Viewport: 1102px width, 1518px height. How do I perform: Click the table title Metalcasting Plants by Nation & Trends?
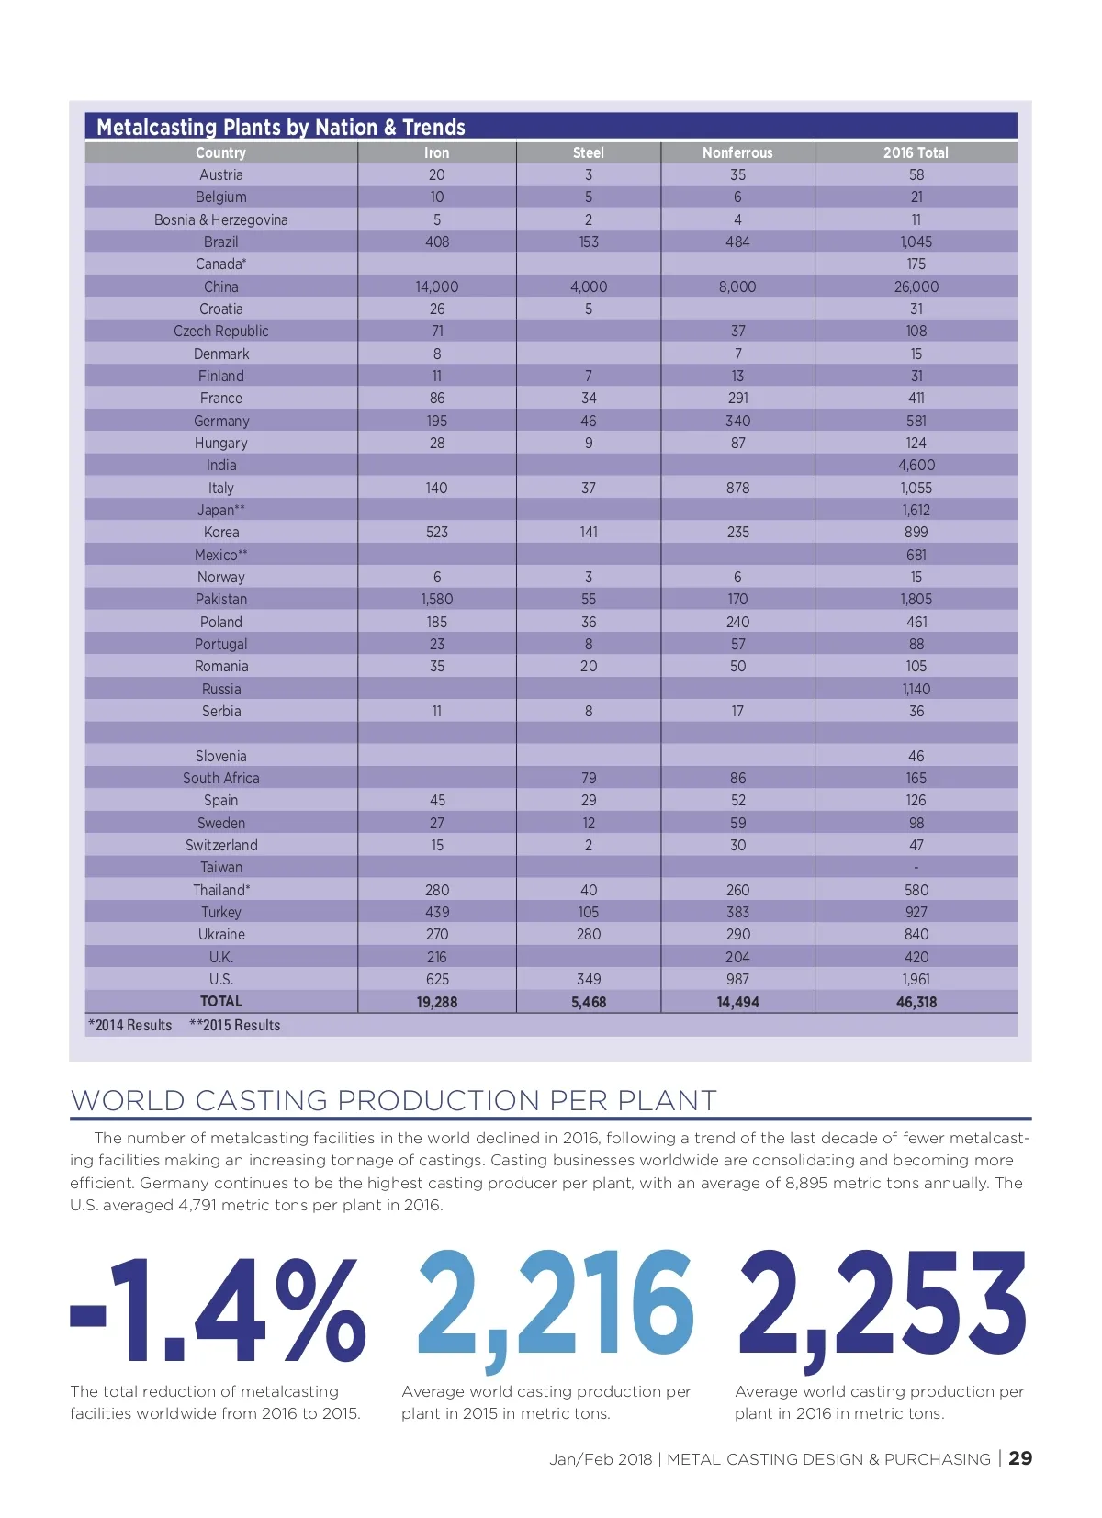(x=281, y=127)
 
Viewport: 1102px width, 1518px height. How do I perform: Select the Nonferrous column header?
(x=737, y=152)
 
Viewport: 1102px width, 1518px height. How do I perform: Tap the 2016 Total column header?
(x=916, y=152)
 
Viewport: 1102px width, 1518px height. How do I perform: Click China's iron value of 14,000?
(x=437, y=287)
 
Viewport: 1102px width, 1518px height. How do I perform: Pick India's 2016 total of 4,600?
(x=916, y=466)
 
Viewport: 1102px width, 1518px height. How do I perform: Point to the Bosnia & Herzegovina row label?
(x=221, y=219)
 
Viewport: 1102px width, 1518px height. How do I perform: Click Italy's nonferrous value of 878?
(x=737, y=488)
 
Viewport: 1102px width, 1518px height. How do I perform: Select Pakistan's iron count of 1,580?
(x=437, y=599)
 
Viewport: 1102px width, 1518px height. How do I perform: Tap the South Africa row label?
(x=221, y=778)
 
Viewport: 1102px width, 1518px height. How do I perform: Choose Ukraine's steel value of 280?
(x=589, y=934)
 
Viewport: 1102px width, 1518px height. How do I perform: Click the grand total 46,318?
(x=916, y=1002)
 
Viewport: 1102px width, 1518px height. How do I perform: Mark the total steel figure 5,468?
(x=589, y=1002)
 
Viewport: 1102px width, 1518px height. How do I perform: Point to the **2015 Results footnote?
(x=235, y=1025)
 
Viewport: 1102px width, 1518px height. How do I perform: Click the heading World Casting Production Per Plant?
(x=393, y=1100)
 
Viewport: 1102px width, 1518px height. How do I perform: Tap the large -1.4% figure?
(x=219, y=1310)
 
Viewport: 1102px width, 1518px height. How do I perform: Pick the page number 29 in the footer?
(x=1020, y=1458)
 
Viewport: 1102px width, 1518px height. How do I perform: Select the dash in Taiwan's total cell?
(x=916, y=868)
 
